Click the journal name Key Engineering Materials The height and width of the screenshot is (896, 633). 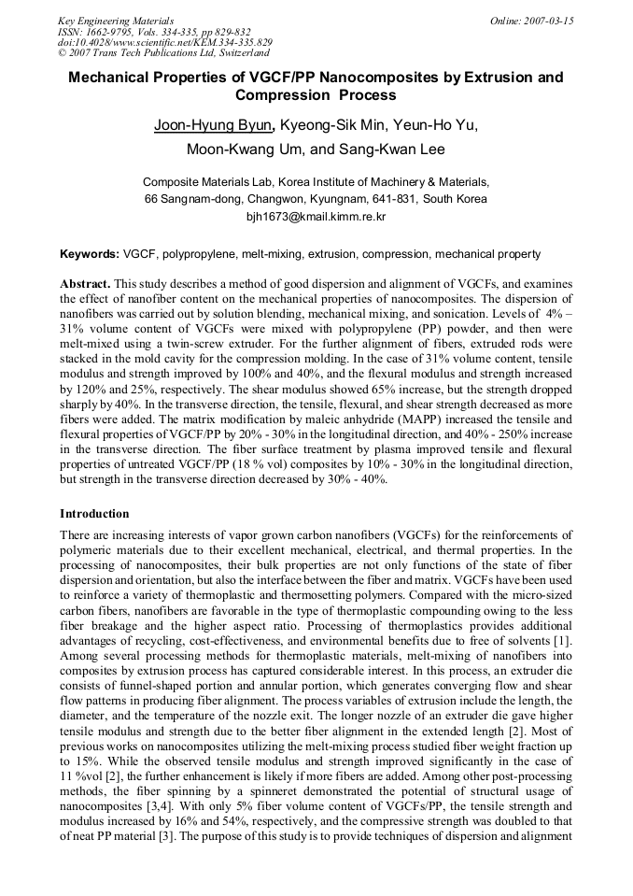coord(116,20)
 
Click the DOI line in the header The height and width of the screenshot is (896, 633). coord(165,42)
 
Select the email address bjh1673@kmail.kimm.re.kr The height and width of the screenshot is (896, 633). coord(316,216)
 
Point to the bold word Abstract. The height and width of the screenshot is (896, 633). coord(85,283)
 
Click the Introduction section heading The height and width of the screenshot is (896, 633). coord(94,514)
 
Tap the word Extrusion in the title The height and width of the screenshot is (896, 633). coord(486,78)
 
